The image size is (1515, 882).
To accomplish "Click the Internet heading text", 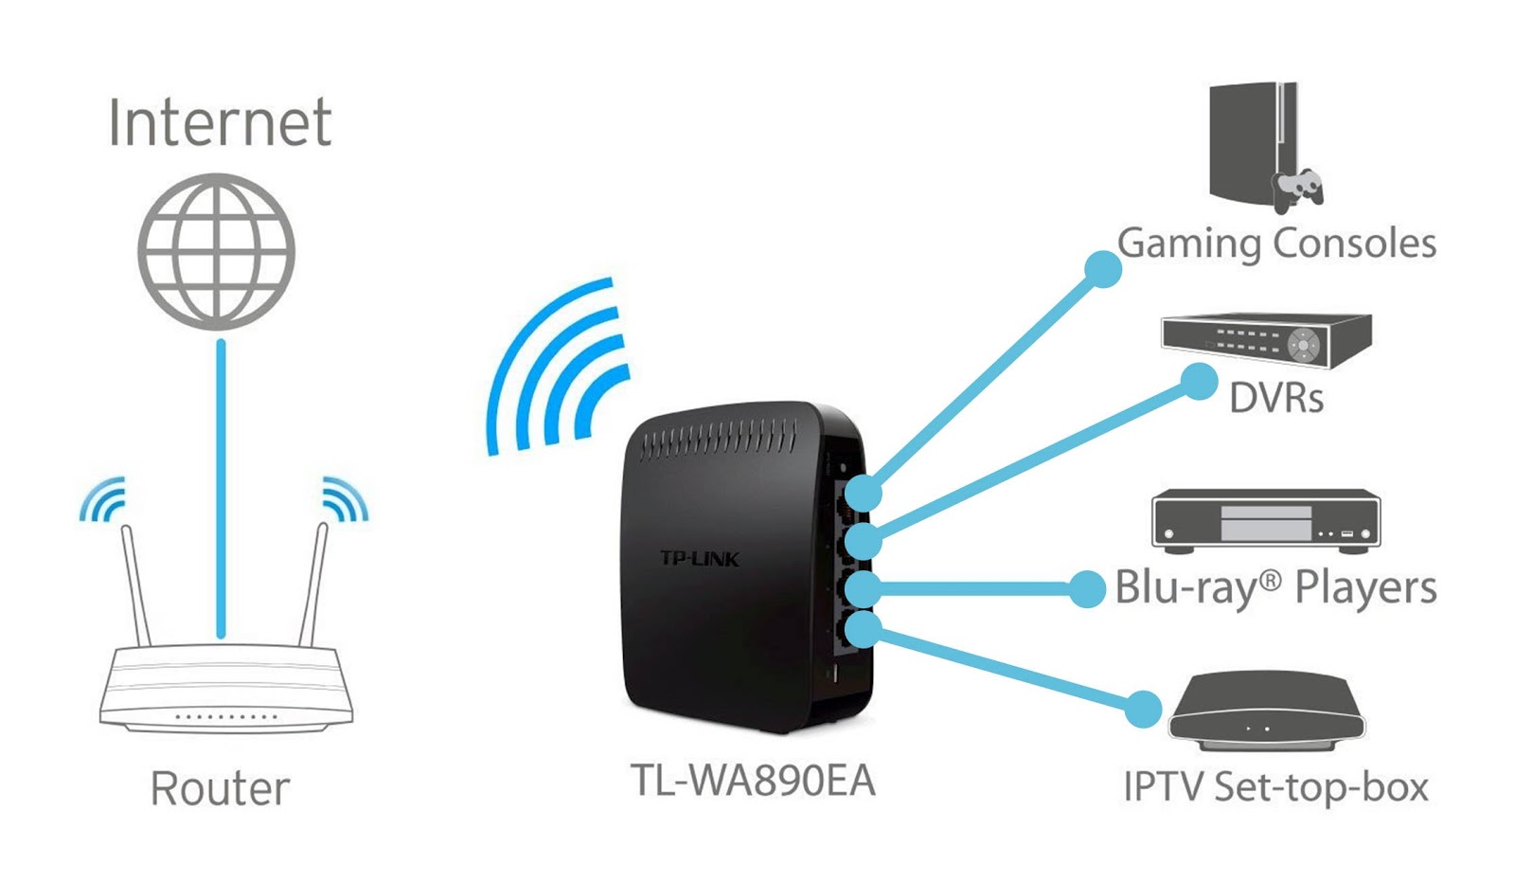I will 220,123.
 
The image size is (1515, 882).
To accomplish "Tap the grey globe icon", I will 217,251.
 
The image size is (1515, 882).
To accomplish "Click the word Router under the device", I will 220,788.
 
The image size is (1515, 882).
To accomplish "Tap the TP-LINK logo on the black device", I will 699,558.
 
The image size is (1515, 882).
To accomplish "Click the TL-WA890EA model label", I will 753,781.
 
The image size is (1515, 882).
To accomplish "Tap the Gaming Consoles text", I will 1276,243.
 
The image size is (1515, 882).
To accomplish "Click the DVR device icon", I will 1266,339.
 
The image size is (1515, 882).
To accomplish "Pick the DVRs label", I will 1275,398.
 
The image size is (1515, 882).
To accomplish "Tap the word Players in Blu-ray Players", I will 1364,587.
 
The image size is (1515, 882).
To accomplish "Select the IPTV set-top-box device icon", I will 1266,711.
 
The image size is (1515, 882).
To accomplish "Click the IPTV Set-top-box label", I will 1275,786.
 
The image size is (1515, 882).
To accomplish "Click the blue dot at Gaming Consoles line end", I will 1102,269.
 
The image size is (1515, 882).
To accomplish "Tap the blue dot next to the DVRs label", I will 1199,383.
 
